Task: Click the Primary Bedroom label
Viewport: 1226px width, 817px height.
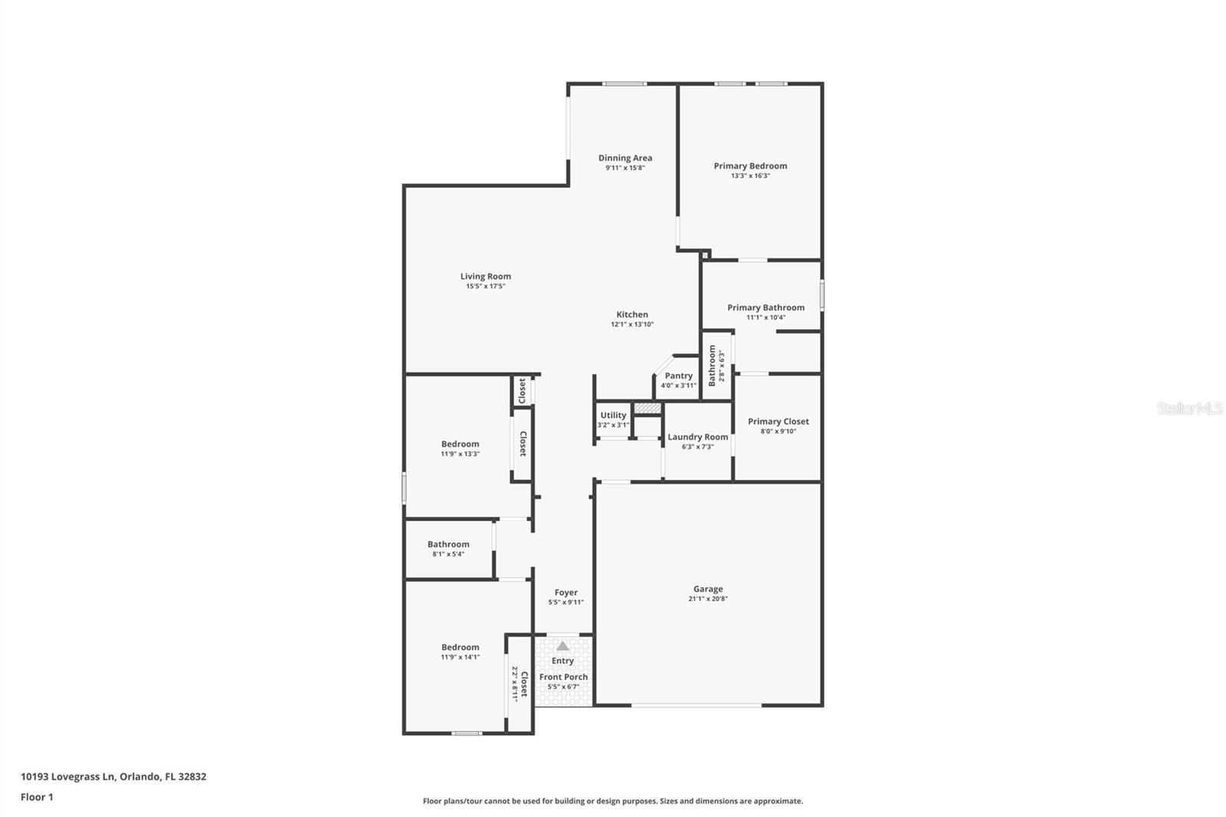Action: [x=750, y=166]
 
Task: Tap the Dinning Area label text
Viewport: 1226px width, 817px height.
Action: [x=625, y=158]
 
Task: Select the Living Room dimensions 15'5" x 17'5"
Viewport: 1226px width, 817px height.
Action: [x=486, y=287]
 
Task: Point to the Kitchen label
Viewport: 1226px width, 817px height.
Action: [x=632, y=314]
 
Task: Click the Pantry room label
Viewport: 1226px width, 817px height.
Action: [x=678, y=376]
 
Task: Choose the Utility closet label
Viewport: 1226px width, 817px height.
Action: [x=613, y=415]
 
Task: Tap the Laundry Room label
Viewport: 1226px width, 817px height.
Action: [x=697, y=437]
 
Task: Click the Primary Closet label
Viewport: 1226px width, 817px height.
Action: [x=778, y=422]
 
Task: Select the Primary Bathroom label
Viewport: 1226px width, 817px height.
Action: [x=765, y=307]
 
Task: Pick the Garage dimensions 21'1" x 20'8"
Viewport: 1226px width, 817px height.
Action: [x=708, y=599]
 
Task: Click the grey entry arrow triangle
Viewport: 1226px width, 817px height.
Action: [x=563, y=646]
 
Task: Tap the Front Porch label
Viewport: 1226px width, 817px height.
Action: [x=563, y=677]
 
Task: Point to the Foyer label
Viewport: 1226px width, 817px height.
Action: [x=566, y=592]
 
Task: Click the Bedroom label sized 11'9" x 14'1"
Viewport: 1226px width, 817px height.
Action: [x=460, y=647]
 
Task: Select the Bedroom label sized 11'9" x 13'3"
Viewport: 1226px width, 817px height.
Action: [x=460, y=444]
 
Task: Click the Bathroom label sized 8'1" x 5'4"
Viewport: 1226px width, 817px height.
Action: [x=448, y=544]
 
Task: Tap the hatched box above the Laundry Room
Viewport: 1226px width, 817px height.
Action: [x=647, y=408]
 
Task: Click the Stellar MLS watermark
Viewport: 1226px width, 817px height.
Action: [x=1190, y=409]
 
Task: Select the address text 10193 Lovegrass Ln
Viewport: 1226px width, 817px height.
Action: [x=68, y=776]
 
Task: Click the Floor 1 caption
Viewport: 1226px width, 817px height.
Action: [x=37, y=797]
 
